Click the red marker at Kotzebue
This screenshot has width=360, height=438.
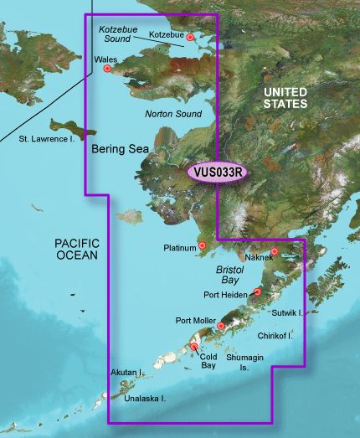[190, 37]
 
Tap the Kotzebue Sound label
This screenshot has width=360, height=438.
[118, 34]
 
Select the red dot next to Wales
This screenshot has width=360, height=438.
[106, 69]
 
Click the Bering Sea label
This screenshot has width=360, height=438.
[120, 147]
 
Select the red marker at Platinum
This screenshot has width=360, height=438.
[201, 246]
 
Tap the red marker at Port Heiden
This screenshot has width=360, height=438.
[258, 292]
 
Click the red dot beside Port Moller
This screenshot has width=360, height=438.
[221, 326]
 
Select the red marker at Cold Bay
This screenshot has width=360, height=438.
[194, 347]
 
